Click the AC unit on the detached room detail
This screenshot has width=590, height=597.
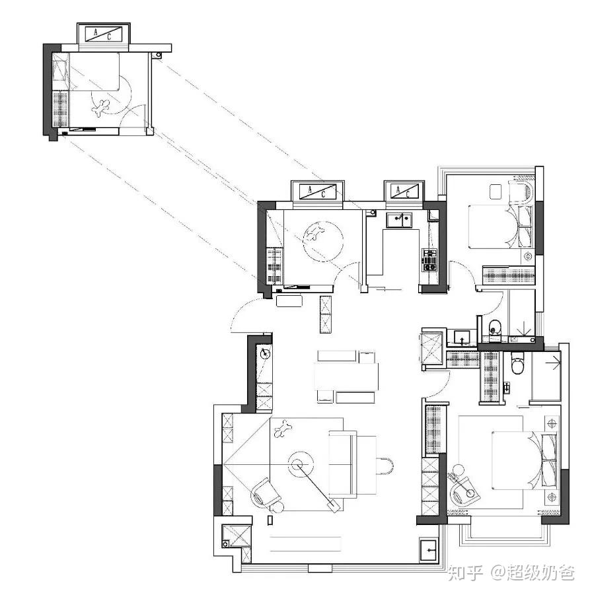[x=104, y=34]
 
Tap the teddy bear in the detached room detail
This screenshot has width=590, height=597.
[x=101, y=108]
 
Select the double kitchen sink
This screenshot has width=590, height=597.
[x=399, y=221]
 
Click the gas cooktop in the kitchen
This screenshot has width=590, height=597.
[x=430, y=260]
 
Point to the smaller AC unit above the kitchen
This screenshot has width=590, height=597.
[x=404, y=191]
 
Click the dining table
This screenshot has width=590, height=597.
[x=346, y=377]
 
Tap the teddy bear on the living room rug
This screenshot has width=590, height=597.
[x=282, y=429]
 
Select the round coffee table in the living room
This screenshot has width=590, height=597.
[x=300, y=464]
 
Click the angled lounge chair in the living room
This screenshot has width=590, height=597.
[x=266, y=493]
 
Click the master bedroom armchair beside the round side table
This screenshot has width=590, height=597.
[x=464, y=491]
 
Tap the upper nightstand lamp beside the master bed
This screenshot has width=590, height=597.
[x=552, y=423]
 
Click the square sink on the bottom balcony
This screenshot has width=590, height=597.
[x=429, y=550]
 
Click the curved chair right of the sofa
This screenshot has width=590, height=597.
[x=385, y=466]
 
